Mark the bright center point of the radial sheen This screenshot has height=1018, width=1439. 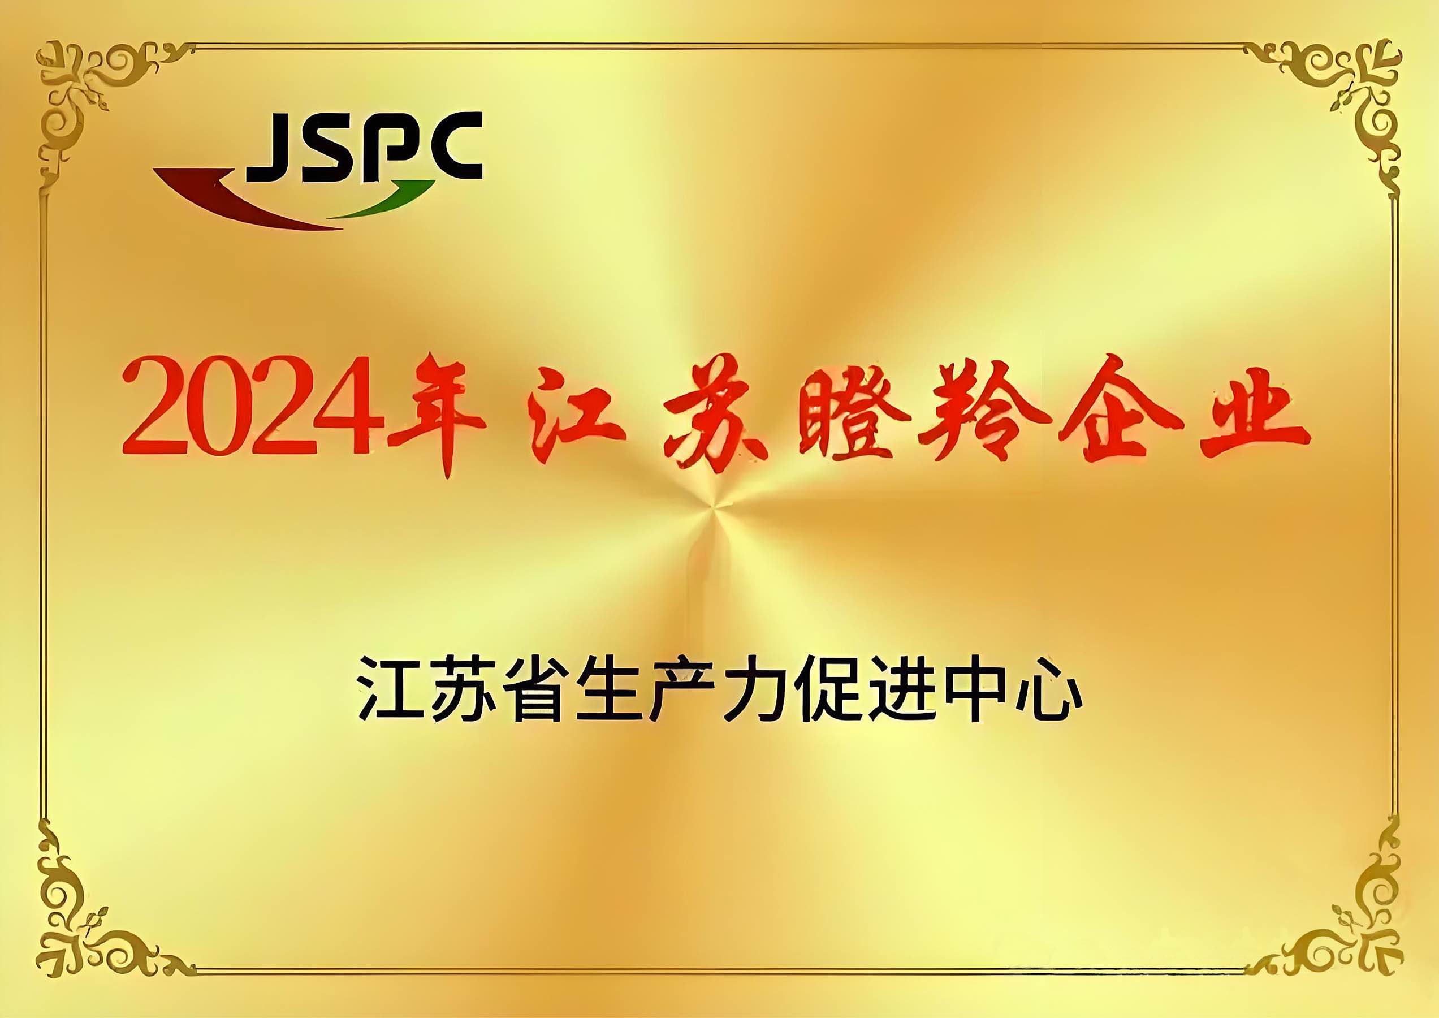point(715,508)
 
